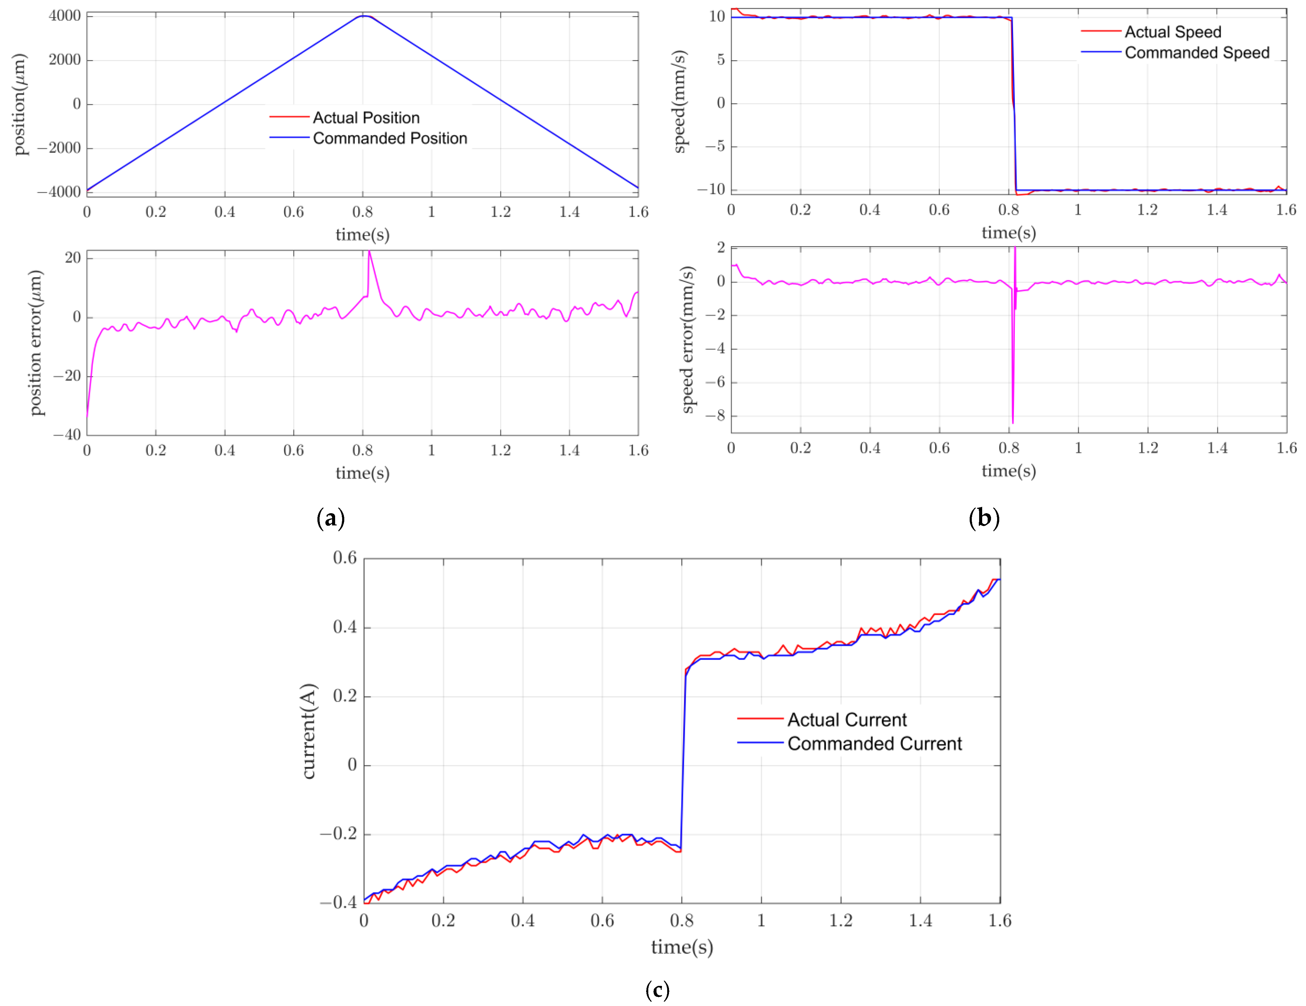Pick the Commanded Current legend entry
tap(874, 743)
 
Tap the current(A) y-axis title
tap(309, 731)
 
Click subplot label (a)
tap(331, 518)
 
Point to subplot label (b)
tap(984, 518)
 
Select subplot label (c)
tap(657, 990)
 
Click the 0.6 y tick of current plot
tap(345, 558)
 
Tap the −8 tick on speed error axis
tap(715, 416)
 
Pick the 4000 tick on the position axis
tap(65, 16)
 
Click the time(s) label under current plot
tap(682, 947)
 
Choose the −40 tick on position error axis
tap(67, 435)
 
